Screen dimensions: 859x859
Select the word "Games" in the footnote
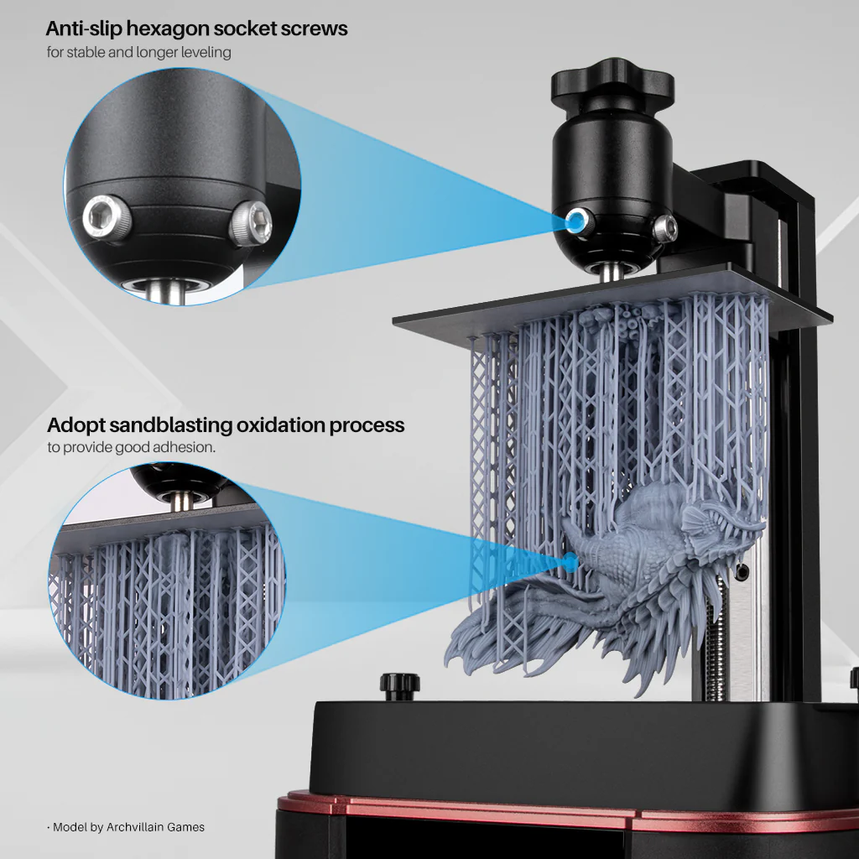[x=186, y=827]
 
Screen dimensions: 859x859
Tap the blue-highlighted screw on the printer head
[x=575, y=221]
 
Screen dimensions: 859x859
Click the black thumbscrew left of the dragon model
[x=400, y=683]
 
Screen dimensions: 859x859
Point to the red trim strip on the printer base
[x=503, y=809]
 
